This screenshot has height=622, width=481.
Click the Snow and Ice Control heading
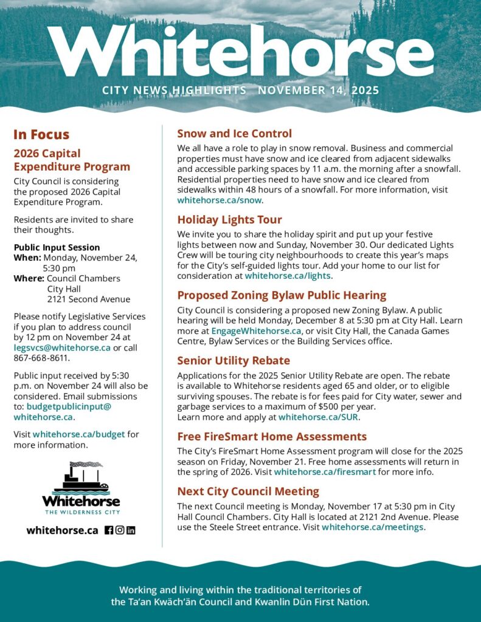coord(234,134)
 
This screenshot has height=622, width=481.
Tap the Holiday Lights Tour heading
coord(229,219)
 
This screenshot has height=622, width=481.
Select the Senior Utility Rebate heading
coord(234,360)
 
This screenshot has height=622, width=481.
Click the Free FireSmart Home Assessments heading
coord(272,436)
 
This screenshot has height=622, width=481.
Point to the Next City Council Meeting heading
coord(248,491)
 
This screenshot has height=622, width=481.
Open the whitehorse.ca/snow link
coord(220,199)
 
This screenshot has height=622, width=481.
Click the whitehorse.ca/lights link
coord(288,276)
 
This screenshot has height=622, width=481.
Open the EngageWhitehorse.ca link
coord(256,331)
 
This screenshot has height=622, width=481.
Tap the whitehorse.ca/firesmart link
coord(325,472)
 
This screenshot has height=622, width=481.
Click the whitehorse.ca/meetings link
coord(372,527)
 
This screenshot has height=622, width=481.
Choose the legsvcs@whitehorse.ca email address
coord(62,347)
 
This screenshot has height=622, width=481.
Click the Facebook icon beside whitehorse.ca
coord(109,530)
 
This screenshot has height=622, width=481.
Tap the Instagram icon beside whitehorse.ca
coord(120,530)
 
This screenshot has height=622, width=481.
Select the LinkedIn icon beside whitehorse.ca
coord(131,530)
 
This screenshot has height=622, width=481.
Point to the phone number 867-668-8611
coord(41,358)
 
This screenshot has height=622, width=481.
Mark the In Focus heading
coord(41,135)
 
